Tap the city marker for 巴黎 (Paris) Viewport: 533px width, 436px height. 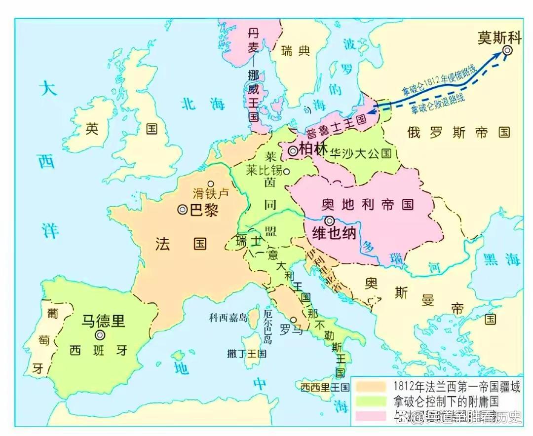(x=183, y=210)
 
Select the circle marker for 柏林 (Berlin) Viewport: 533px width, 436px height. (x=293, y=151)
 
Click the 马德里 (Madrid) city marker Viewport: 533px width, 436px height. (x=100, y=335)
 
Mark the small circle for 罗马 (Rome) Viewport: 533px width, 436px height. (x=294, y=320)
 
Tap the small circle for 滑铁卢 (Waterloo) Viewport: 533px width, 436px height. (x=211, y=183)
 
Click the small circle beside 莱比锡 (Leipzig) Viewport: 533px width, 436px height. (x=286, y=171)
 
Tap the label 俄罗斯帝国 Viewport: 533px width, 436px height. (x=458, y=132)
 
